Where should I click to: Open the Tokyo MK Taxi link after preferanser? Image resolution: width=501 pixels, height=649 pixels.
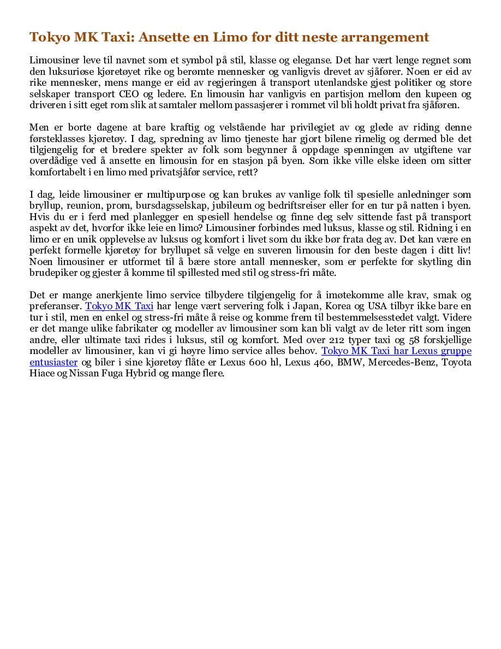[119, 306]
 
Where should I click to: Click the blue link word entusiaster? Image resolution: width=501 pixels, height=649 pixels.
[53, 362]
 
